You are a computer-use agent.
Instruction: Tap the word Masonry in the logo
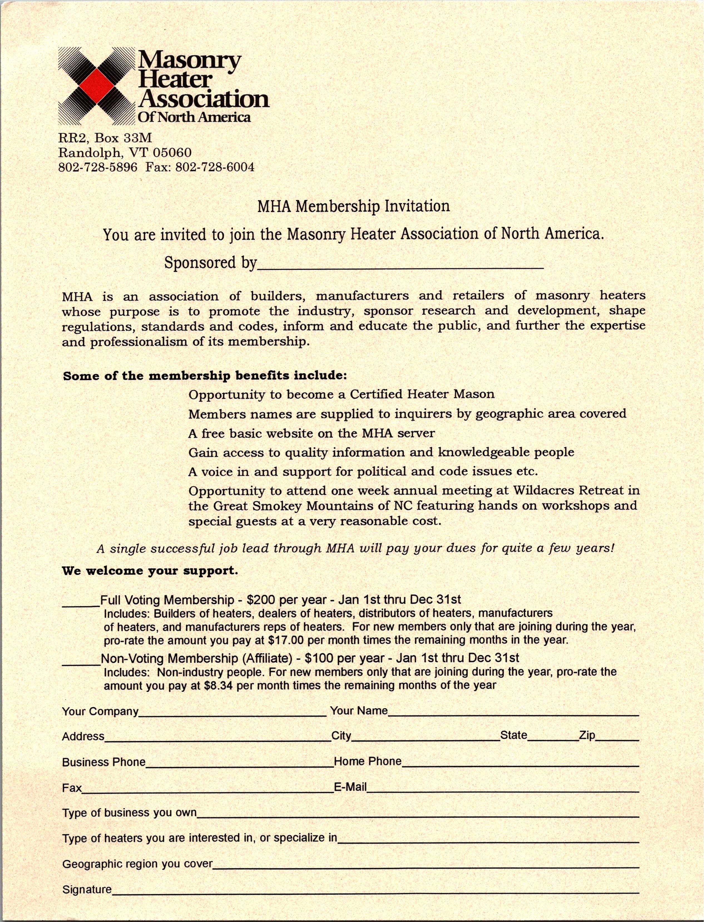189,61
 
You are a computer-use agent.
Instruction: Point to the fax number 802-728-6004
214,167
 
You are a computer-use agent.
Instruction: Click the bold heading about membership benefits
205,376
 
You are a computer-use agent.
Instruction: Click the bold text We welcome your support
150,571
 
